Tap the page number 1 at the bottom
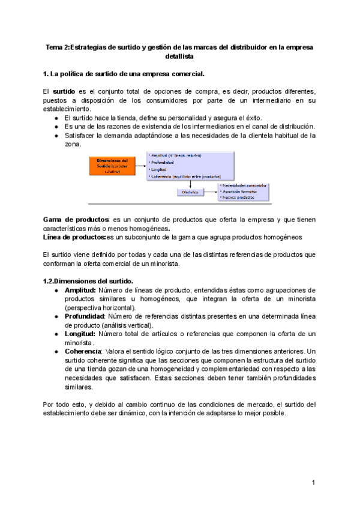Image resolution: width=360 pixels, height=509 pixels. coord(313,482)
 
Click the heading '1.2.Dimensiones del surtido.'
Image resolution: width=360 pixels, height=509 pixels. coord(88,281)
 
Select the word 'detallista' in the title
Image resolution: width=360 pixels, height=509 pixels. coord(179,56)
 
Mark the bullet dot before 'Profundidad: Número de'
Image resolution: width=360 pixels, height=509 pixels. coord(56,316)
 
